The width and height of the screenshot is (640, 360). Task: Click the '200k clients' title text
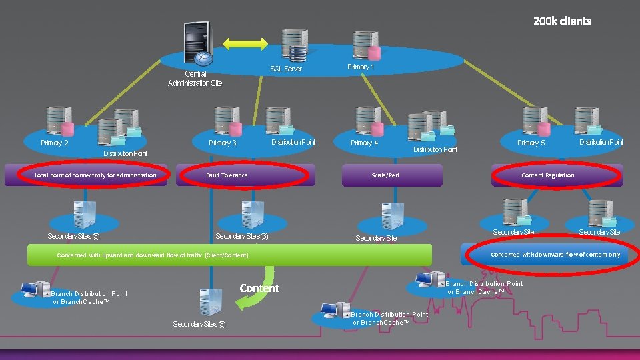(561, 21)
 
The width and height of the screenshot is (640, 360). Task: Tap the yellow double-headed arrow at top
(245, 44)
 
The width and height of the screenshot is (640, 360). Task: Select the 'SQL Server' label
(285, 69)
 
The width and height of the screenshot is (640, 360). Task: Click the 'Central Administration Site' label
(195, 79)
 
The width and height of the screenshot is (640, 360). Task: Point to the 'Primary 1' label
(361, 67)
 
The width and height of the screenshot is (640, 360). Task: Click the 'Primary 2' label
(55, 143)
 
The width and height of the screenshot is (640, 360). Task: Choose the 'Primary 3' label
(223, 143)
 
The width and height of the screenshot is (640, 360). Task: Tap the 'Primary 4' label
(364, 143)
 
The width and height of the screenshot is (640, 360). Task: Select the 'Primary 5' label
(531, 143)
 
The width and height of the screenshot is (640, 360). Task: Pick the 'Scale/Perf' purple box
(391, 175)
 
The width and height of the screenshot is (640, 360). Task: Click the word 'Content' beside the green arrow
(259, 288)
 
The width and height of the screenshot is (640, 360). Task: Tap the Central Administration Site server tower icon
(197, 42)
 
